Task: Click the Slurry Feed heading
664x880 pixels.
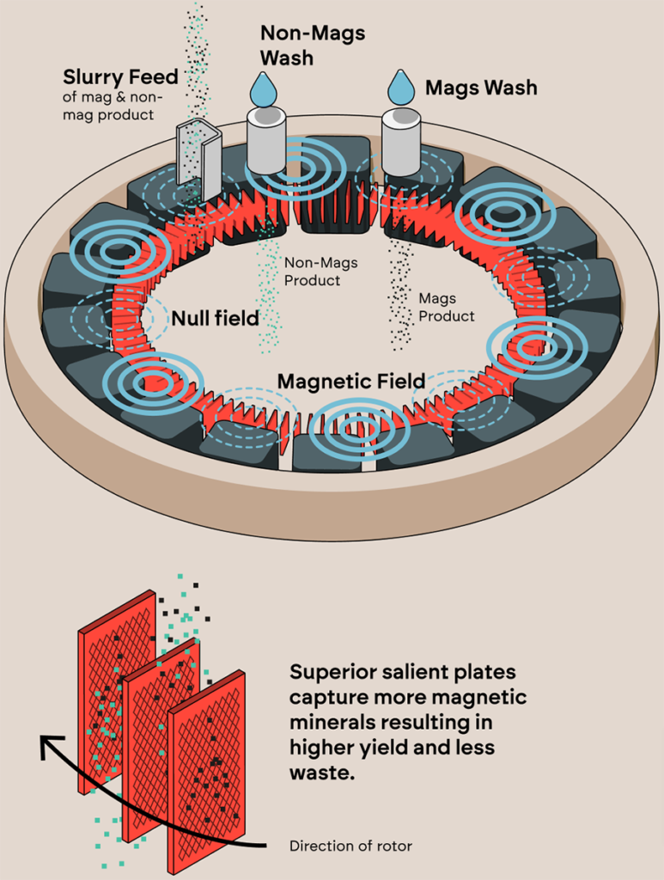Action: click(x=119, y=77)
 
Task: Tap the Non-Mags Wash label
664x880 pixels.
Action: click(x=313, y=45)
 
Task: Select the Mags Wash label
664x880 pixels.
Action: click(x=481, y=88)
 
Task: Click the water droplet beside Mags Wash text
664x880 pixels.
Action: click(x=401, y=88)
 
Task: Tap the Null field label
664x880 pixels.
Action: click(x=215, y=319)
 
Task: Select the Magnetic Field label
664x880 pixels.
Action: click(x=350, y=381)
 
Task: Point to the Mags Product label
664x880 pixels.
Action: click(x=446, y=307)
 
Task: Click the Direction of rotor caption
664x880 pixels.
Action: click(x=350, y=846)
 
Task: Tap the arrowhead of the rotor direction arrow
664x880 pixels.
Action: click(x=50, y=744)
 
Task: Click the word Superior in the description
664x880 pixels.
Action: click(x=329, y=671)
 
